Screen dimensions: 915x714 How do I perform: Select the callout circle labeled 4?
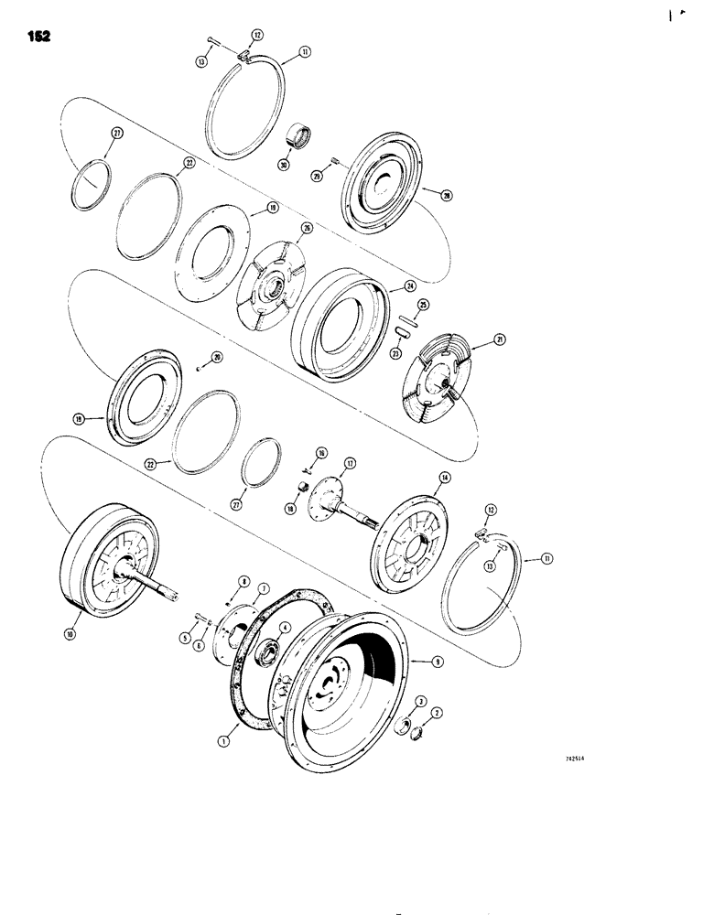point(284,627)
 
